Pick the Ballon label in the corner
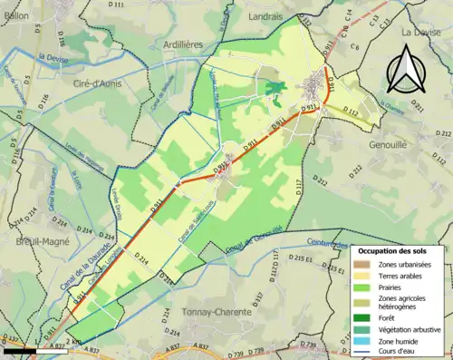(x=15, y=15)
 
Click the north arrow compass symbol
(x=406, y=70)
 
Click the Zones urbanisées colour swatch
(x=360, y=264)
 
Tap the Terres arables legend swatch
(x=360, y=276)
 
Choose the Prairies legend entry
(x=360, y=287)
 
